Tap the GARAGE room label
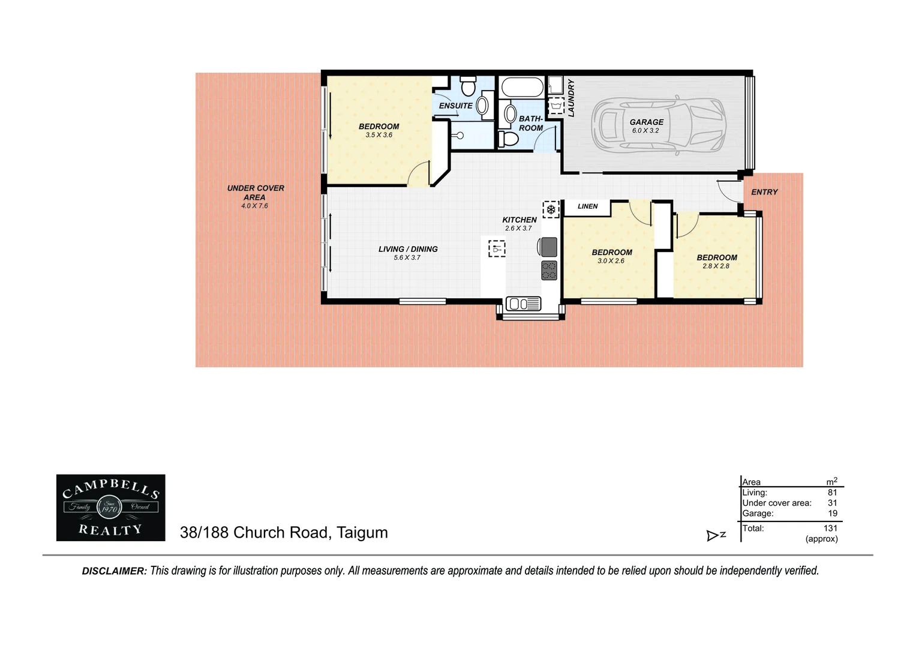(x=646, y=122)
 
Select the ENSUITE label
(x=455, y=106)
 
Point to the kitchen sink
(x=523, y=304)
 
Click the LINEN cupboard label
(x=587, y=206)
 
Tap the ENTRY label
(x=764, y=192)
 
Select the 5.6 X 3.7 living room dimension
(x=407, y=258)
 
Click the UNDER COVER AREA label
(x=255, y=193)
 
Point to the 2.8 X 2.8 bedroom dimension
(x=716, y=266)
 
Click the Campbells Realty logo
(x=110, y=508)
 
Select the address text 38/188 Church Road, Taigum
(x=284, y=533)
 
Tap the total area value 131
(x=830, y=528)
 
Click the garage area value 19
(x=832, y=514)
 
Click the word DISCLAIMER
(x=114, y=571)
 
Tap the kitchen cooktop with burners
(x=549, y=270)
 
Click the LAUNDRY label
(x=571, y=98)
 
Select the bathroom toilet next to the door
(x=508, y=139)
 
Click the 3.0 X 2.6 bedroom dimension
(x=611, y=261)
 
